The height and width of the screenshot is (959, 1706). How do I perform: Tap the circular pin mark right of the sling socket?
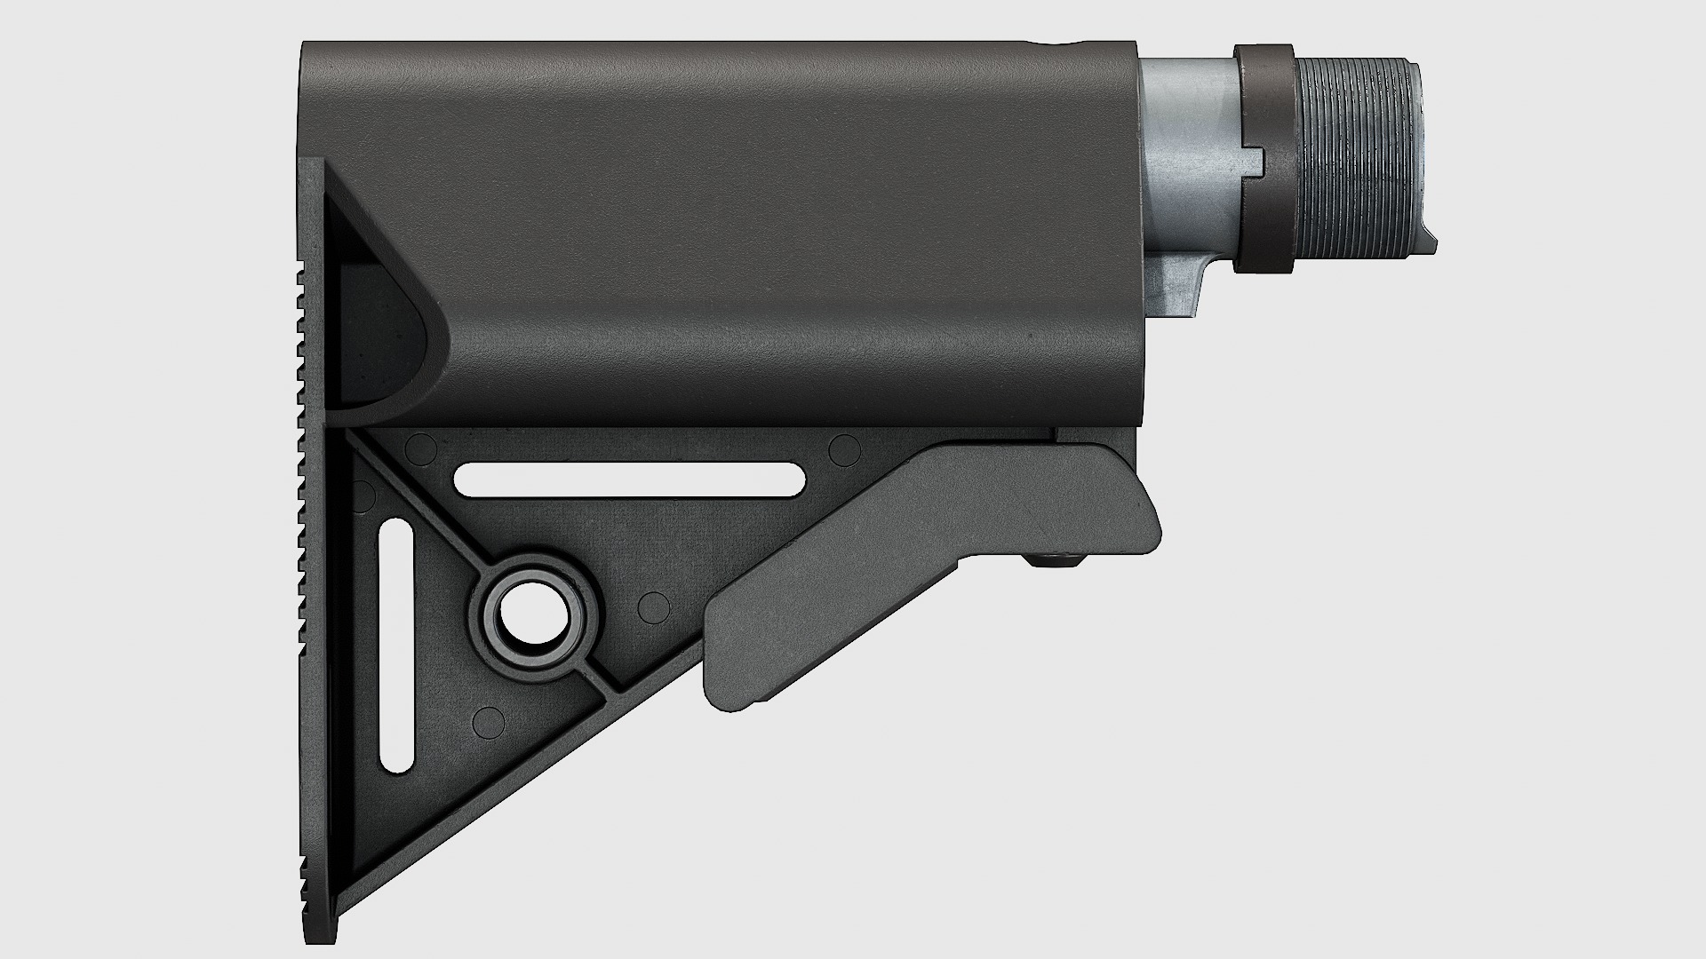click(654, 607)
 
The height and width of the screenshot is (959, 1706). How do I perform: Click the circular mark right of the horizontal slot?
click(843, 450)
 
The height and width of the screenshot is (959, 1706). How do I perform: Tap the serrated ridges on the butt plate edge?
click(305, 533)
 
